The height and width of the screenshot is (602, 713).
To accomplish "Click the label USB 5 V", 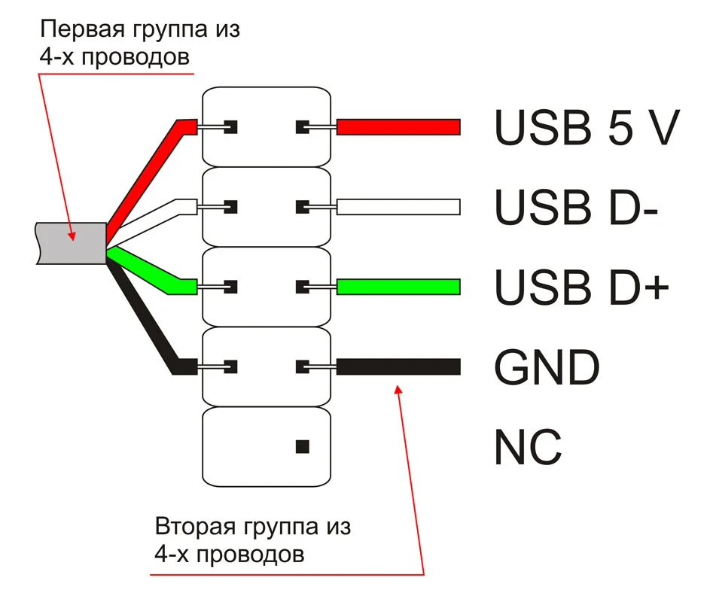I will click(587, 127).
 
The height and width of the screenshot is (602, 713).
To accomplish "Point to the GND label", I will click(547, 367).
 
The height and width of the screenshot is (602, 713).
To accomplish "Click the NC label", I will click(528, 447).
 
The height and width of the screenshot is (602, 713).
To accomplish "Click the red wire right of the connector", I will click(398, 127).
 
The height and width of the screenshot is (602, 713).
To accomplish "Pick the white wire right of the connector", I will click(398, 206).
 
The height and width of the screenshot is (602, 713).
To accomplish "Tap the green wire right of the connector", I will click(398, 286).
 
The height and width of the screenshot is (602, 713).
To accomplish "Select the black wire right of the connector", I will click(398, 367).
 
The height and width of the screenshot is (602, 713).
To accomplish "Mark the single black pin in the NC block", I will click(303, 447).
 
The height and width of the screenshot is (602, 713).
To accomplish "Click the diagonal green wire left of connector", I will click(147, 270).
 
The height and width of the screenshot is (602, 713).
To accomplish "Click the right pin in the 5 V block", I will click(304, 126).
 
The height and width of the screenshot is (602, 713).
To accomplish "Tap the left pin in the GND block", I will click(230, 367).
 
